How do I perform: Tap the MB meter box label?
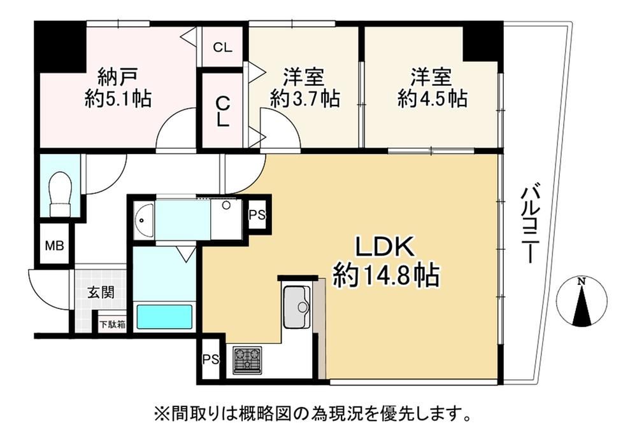[x=54, y=245]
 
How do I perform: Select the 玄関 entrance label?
[x=101, y=293]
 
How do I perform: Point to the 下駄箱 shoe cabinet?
[x=113, y=324]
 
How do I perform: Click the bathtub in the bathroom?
[x=164, y=317]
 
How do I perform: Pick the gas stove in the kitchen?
[x=247, y=360]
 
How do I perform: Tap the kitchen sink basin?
[x=297, y=307]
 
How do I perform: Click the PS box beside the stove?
[x=211, y=359]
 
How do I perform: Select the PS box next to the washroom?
[x=257, y=214]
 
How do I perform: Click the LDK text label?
[x=385, y=247]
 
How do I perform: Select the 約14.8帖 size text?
[x=386, y=276]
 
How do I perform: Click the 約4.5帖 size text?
[x=433, y=98]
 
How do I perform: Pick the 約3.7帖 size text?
[x=304, y=98]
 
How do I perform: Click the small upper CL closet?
[x=222, y=47]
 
